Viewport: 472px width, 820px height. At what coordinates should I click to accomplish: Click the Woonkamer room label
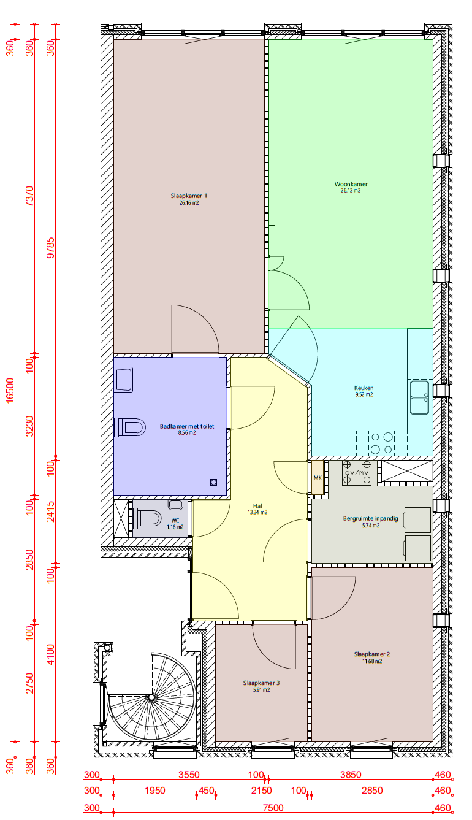coord(351,184)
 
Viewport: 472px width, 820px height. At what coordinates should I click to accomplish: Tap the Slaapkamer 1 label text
coord(189,196)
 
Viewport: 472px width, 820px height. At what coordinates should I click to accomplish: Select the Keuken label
coord(364,388)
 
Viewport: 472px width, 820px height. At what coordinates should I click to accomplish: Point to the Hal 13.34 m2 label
coord(257,509)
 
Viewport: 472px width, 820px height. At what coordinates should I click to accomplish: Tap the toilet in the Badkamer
coord(130,427)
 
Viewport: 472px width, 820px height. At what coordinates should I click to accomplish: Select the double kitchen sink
coord(419,397)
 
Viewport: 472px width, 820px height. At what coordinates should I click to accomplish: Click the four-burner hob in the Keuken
coord(381,443)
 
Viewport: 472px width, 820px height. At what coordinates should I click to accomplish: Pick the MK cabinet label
coord(318,478)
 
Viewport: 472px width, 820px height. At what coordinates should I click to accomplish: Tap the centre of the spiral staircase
coord(151,697)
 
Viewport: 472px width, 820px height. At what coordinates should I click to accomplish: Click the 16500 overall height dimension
coord(10,391)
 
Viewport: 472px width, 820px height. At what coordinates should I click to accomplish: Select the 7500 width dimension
coord(273,808)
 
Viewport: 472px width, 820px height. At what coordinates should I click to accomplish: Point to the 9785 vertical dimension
coord(50,248)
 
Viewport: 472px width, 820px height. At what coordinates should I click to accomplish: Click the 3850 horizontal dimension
coord(351,775)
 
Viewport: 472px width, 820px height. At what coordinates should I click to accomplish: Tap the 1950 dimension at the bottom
coord(154,791)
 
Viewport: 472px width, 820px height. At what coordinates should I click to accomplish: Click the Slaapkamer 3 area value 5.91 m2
coord(261,690)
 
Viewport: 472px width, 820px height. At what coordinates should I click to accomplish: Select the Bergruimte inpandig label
coord(370,518)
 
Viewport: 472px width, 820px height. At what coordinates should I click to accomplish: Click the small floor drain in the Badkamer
coord(214,482)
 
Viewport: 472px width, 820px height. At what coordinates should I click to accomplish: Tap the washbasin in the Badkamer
coord(124,380)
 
